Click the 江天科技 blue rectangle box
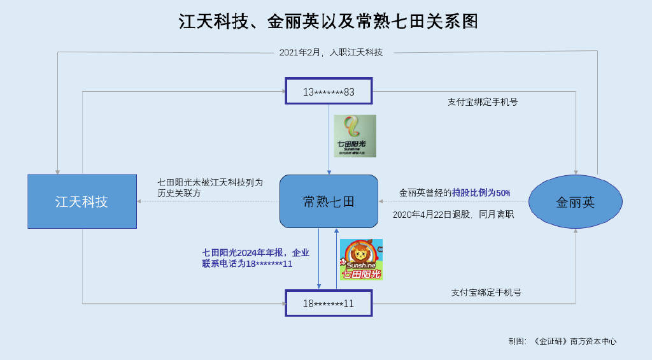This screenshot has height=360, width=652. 82,201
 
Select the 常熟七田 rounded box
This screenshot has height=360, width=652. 329,201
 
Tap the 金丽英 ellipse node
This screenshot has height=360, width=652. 576,202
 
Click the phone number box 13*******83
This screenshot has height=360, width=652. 329,91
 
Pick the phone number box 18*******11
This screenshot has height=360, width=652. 329,303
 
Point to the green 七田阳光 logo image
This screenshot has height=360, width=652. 355,136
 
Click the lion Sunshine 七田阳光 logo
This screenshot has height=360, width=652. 361,259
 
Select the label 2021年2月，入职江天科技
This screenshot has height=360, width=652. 331,52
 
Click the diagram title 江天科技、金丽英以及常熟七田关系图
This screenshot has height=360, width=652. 329,21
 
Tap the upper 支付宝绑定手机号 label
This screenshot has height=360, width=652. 483,102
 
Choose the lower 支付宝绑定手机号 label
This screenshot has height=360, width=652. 486,292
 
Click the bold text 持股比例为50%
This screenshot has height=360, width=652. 481,192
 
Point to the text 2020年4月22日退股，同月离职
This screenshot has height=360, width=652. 453,214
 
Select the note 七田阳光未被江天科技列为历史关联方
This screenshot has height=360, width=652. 210,188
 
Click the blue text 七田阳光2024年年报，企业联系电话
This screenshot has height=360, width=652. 256,258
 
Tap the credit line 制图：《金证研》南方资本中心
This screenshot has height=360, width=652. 563,342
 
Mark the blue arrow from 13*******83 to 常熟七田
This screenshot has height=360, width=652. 329,140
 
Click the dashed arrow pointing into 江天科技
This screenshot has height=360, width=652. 208,201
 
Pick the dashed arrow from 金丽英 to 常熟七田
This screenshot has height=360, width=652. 453,201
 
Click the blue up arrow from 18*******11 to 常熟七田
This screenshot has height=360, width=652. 336,259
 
